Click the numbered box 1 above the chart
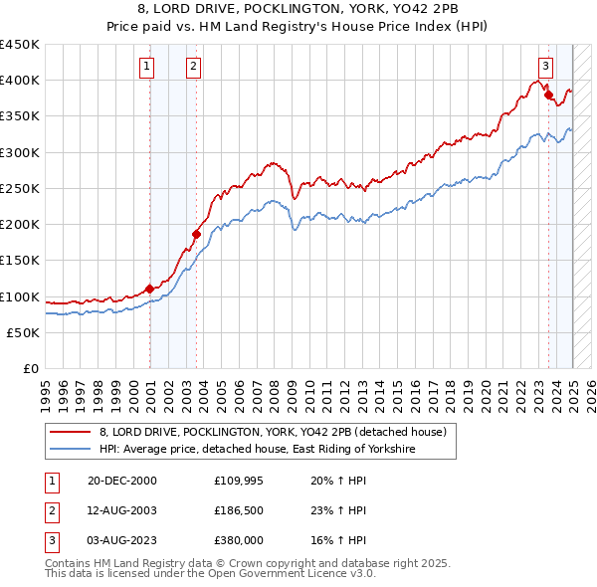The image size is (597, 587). click(146, 67)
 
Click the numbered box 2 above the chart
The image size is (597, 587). click(193, 67)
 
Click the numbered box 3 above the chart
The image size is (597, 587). click(545, 67)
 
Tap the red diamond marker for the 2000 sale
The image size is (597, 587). click(150, 289)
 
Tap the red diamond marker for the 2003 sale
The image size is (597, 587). click(197, 234)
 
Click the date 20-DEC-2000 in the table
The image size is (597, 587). click(122, 481)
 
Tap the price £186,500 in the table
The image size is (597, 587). click(238, 510)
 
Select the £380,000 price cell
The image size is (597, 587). click(238, 540)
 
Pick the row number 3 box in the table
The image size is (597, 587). click(50, 540)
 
